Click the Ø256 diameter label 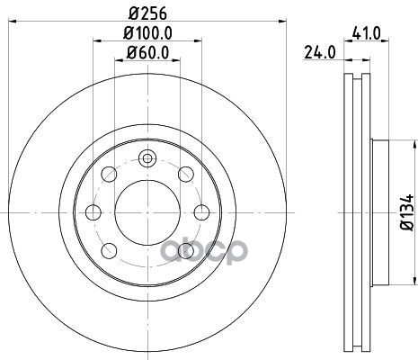tap(147, 13)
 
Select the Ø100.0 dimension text tap(147, 33)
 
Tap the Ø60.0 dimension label tap(147, 53)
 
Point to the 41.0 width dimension tap(366, 33)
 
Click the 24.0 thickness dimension tap(320, 53)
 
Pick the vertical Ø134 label tap(407, 212)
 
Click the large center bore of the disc tap(147, 212)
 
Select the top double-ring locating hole tap(147, 157)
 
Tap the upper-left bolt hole tap(109, 174)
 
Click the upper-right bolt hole tap(186, 174)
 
